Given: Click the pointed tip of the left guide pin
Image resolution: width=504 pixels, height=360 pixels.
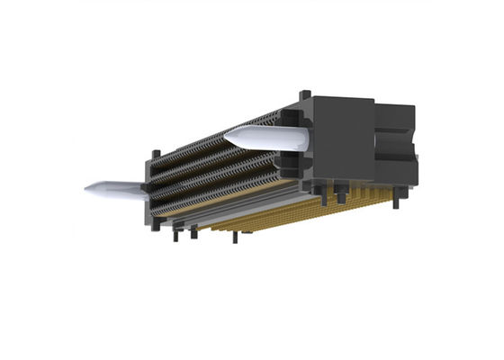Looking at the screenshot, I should [86, 189].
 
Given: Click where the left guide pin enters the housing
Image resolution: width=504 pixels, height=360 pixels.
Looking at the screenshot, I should [142, 188].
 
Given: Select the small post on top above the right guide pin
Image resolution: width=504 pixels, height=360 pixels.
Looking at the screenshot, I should [305, 94].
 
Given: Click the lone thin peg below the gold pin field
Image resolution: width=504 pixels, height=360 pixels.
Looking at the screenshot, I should [236, 238].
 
